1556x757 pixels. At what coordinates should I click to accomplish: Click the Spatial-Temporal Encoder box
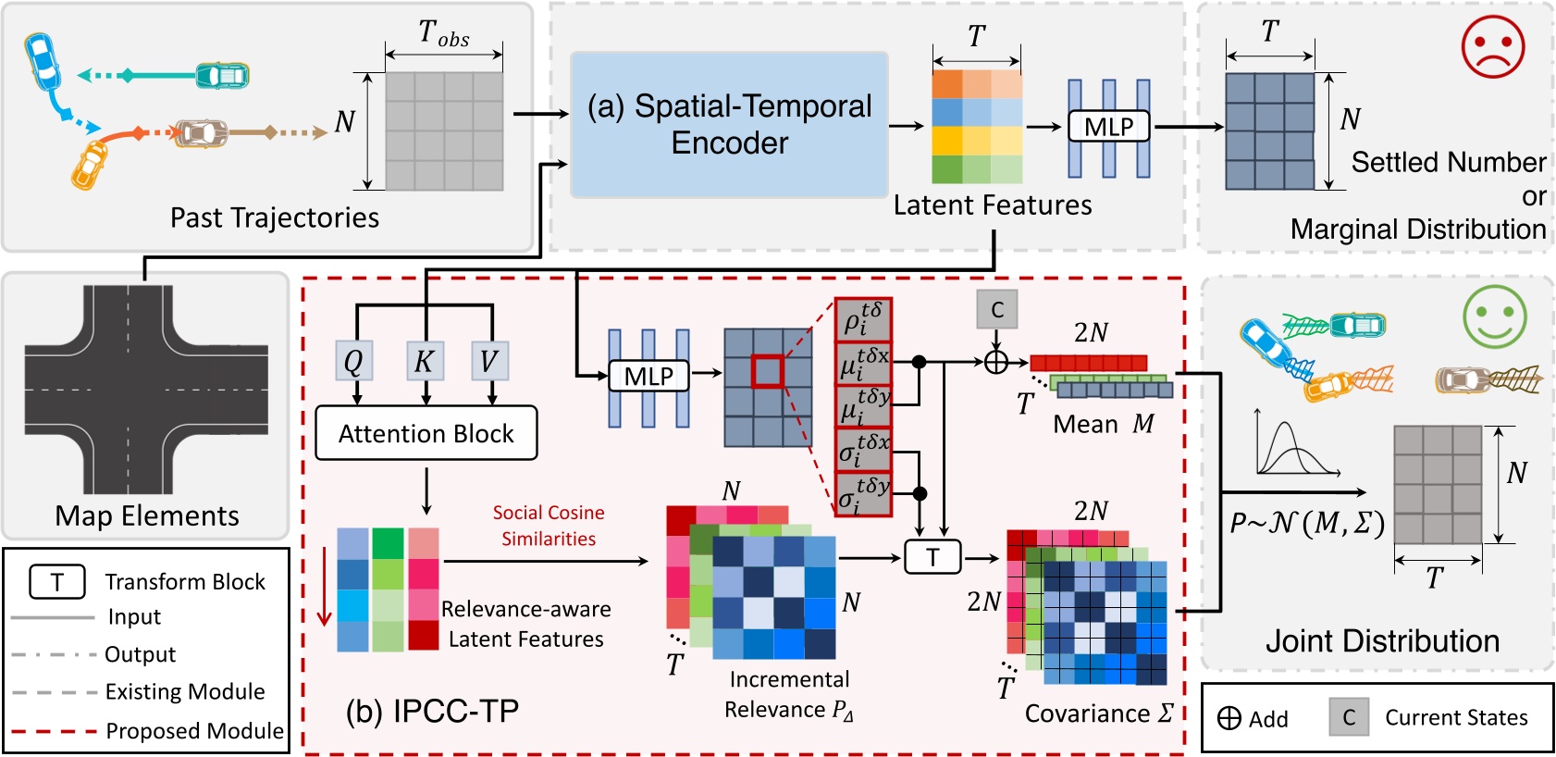click(729, 124)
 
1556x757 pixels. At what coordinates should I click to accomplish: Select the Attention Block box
click(426, 433)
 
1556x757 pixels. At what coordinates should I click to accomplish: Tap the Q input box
click(354, 361)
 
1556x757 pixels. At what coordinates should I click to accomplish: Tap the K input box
click(425, 361)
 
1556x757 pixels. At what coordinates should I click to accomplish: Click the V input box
click(489, 361)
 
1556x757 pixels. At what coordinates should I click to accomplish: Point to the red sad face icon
click(1492, 46)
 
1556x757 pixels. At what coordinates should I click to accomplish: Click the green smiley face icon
click(1494, 316)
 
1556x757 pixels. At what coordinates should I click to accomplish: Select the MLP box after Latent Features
click(1108, 127)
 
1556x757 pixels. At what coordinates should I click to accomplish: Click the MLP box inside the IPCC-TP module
click(648, 376)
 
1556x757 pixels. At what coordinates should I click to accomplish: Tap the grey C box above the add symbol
click(996, 309)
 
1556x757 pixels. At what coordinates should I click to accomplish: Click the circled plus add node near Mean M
click(996, 362)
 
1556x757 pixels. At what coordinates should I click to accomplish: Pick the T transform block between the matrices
click(932, 557)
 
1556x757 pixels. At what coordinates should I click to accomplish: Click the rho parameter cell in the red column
click(863, 319)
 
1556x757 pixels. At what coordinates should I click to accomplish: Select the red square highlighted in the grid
click(767, 371)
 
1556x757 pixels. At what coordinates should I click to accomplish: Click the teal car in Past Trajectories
click(222, 75)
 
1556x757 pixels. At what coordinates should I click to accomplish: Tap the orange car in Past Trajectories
click(90, 165)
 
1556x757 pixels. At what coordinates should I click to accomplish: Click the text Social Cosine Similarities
click(549, 526)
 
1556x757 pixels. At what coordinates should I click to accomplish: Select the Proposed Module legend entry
click(194, 731)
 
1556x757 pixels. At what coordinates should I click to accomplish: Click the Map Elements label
click(147, 515)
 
